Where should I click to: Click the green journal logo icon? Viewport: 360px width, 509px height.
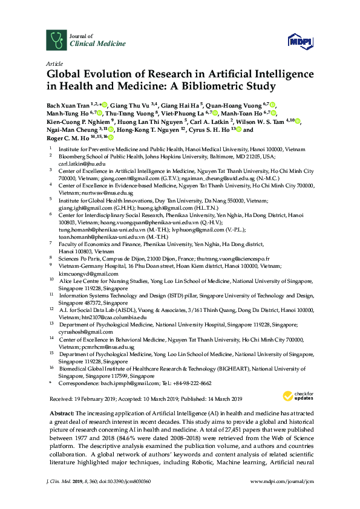(x=56, y=40)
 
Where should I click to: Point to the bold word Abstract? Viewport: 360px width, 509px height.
(x=59, y=411)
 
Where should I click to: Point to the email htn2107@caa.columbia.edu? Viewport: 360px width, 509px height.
(x=112, y=317)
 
